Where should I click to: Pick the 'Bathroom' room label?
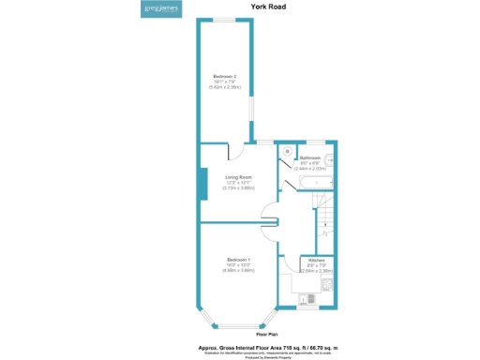pos(310,159)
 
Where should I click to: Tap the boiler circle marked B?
pos(287,151)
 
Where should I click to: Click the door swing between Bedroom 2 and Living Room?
pos(236,150)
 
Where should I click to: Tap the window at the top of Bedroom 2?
pos(224,20)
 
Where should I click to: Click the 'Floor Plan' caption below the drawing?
pos(267,334)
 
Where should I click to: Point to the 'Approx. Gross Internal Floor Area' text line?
pos(267,346)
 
